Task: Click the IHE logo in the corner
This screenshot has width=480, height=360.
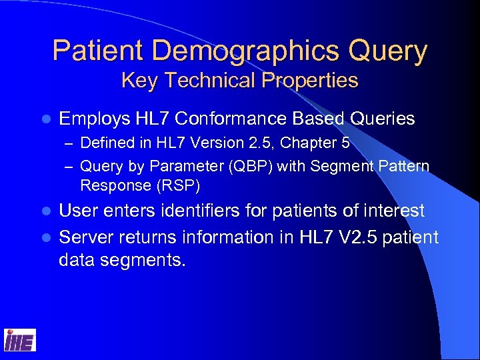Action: pyautogui.click(x=20, y=340)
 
